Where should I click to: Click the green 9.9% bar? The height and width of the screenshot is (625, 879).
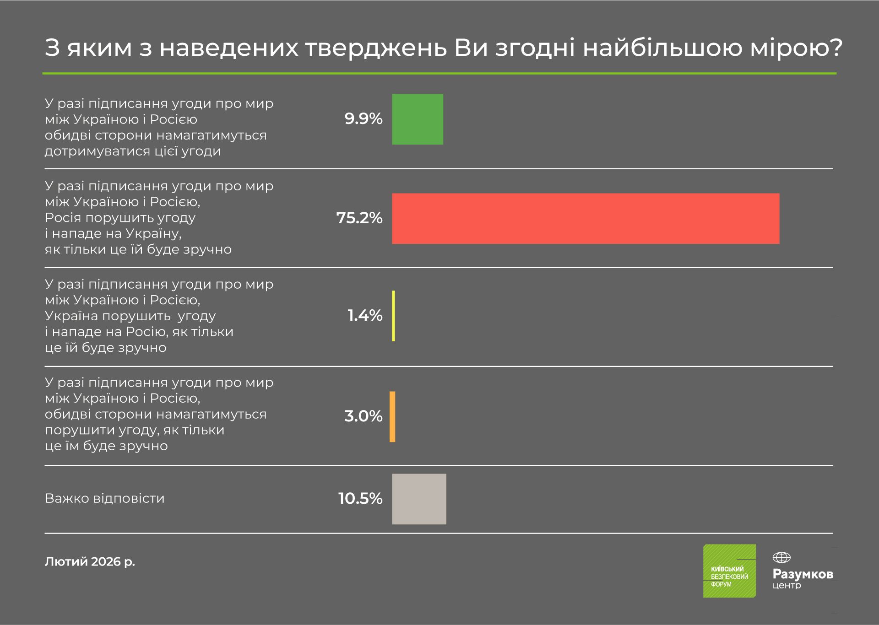click(418, 119)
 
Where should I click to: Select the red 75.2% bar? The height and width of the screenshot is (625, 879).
click(586, 219)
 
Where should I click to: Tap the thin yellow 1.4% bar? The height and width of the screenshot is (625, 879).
click(394, 316)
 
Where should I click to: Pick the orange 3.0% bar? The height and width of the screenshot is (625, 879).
click(392, 417)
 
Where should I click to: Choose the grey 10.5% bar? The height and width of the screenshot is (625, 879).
click(419, 499)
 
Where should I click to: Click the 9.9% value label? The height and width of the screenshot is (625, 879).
click(364, 119)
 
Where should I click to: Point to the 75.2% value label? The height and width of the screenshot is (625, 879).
click(359, 218)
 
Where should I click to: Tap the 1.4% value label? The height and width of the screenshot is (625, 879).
click(365, 316)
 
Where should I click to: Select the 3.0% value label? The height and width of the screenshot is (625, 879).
click(364, 416)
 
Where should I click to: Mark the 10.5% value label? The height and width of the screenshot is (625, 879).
click(360, 499)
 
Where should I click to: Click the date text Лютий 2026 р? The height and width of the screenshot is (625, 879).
click(90, 562)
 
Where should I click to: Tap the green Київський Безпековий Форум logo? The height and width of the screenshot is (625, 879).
click(729, 571)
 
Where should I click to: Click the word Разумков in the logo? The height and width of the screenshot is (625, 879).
click(803, 574)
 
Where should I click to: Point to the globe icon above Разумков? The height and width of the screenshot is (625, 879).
click(781, 558)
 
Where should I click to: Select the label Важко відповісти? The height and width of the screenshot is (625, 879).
click(105, 498)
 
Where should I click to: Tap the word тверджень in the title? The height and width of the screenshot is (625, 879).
click(376, 48)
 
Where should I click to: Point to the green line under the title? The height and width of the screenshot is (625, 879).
click(439, 73)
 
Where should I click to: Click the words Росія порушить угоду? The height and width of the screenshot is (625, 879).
click(120, 218)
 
